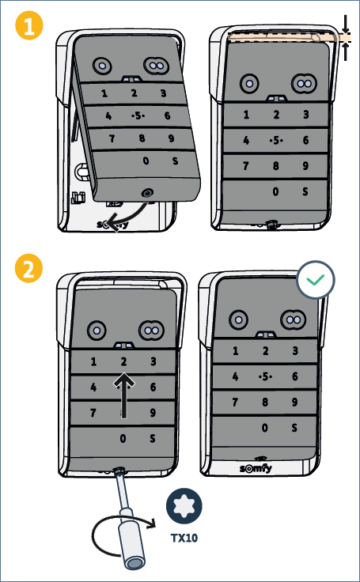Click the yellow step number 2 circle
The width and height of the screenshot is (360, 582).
(x=29, y=268)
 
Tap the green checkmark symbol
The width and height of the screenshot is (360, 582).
(x=316, y=279)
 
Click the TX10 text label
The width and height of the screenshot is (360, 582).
(x=184, y=538)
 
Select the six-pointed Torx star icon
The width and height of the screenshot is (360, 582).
(x=184, y=505)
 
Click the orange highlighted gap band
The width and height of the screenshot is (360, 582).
(x=289, y=37)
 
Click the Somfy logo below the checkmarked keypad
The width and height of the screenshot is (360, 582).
(x=256, y=468)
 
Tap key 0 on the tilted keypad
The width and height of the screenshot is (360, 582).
(x=146, y=161)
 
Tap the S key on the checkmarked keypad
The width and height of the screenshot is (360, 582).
(x=294, y=428)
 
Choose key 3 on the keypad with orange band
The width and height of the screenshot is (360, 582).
(x=305, y=115)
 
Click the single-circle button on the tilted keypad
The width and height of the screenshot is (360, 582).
(x=101, y=66)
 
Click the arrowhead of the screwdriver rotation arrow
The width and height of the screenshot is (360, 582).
(x=151, y=523)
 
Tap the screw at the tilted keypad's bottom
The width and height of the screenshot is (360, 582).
(x=147, y=193)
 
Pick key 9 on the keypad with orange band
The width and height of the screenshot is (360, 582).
(x=305, y=165)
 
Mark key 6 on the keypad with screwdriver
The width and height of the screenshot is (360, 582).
(x=153, y=387)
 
